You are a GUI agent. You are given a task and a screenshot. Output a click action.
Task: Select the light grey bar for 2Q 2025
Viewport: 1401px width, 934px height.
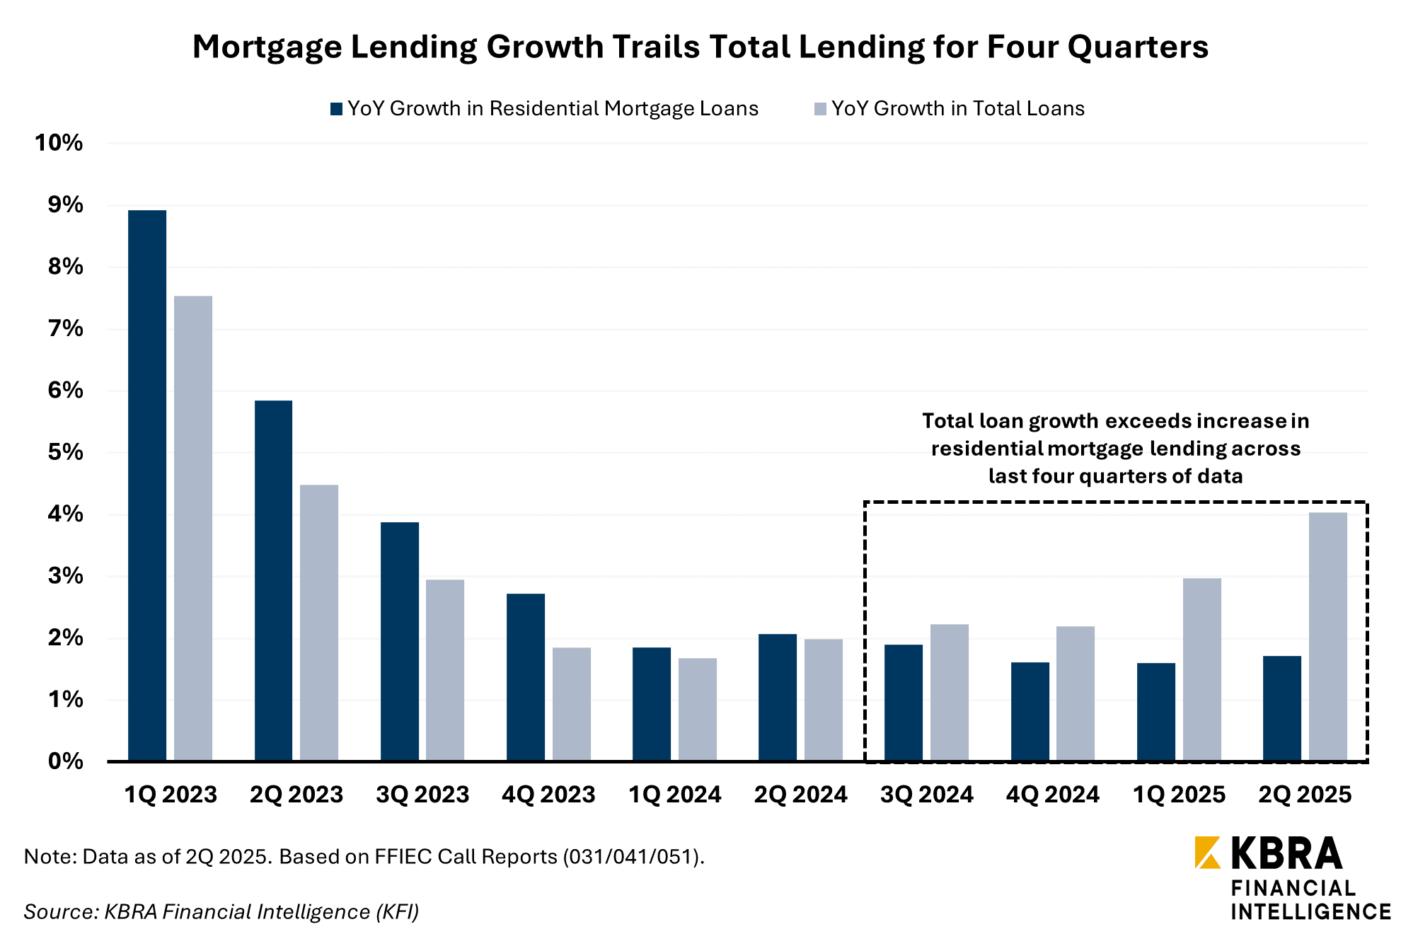[x=1328, y=637]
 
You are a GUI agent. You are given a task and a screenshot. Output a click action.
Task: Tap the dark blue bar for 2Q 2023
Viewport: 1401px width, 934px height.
[x=273, y=580]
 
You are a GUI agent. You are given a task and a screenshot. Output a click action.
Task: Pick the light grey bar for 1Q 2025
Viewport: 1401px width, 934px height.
[x=1202, y=669]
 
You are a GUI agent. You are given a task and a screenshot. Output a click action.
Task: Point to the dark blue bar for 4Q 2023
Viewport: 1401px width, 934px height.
[x=526, y=677]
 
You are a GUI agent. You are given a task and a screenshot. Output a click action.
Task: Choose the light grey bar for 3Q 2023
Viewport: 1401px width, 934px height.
[x=445, y=670]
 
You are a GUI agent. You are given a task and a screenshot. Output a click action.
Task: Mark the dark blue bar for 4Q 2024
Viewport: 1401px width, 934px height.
[x=1030, y=711]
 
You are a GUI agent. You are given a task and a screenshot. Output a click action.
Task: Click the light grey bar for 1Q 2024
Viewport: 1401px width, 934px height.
[x=698, y=710]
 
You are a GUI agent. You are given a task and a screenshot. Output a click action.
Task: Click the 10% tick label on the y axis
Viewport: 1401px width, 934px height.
[x=59, y=143]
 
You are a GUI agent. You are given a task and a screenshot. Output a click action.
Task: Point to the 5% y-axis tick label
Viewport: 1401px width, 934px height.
[x=65, y=452]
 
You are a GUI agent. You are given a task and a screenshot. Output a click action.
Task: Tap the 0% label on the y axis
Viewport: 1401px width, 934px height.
[x=65, y=761]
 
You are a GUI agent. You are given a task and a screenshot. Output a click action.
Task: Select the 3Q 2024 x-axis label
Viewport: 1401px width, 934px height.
[x=927, y=795]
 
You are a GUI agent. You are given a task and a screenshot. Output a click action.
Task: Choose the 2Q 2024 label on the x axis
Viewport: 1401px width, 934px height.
[x=801, y=795]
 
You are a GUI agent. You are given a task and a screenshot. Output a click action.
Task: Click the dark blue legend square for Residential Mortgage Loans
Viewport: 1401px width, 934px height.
[x=337, y=109]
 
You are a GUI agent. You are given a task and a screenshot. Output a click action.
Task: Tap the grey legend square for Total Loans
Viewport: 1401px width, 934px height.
[x=821, y=109]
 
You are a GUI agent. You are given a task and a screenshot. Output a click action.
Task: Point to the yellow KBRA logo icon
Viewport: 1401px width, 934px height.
[x=1208, y=853]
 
